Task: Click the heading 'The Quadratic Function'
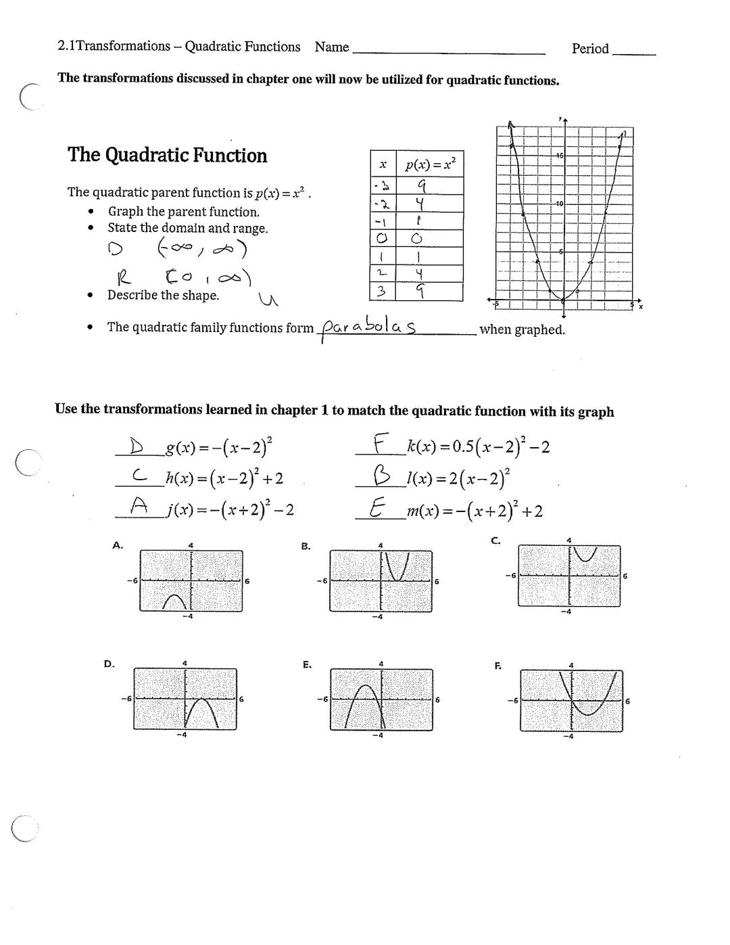tap(167, 155)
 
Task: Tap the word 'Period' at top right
tap(590, 49)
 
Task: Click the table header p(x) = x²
tap(430, 164)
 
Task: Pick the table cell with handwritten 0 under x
tap(383, 238)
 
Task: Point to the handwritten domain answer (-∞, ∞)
tap(202, 250)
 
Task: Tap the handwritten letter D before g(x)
tap(137, 446)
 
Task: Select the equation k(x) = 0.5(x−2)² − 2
tap(478, 446)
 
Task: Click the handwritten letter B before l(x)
tap(382, 478)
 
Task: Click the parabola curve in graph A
tap(175, 600)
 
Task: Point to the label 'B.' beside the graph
tap(306, 546)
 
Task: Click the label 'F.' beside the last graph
tap(497, 666)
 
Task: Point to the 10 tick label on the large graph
tap(559, 204)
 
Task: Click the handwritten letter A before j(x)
tap(139, 505)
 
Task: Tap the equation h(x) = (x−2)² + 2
tap(224, 478)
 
